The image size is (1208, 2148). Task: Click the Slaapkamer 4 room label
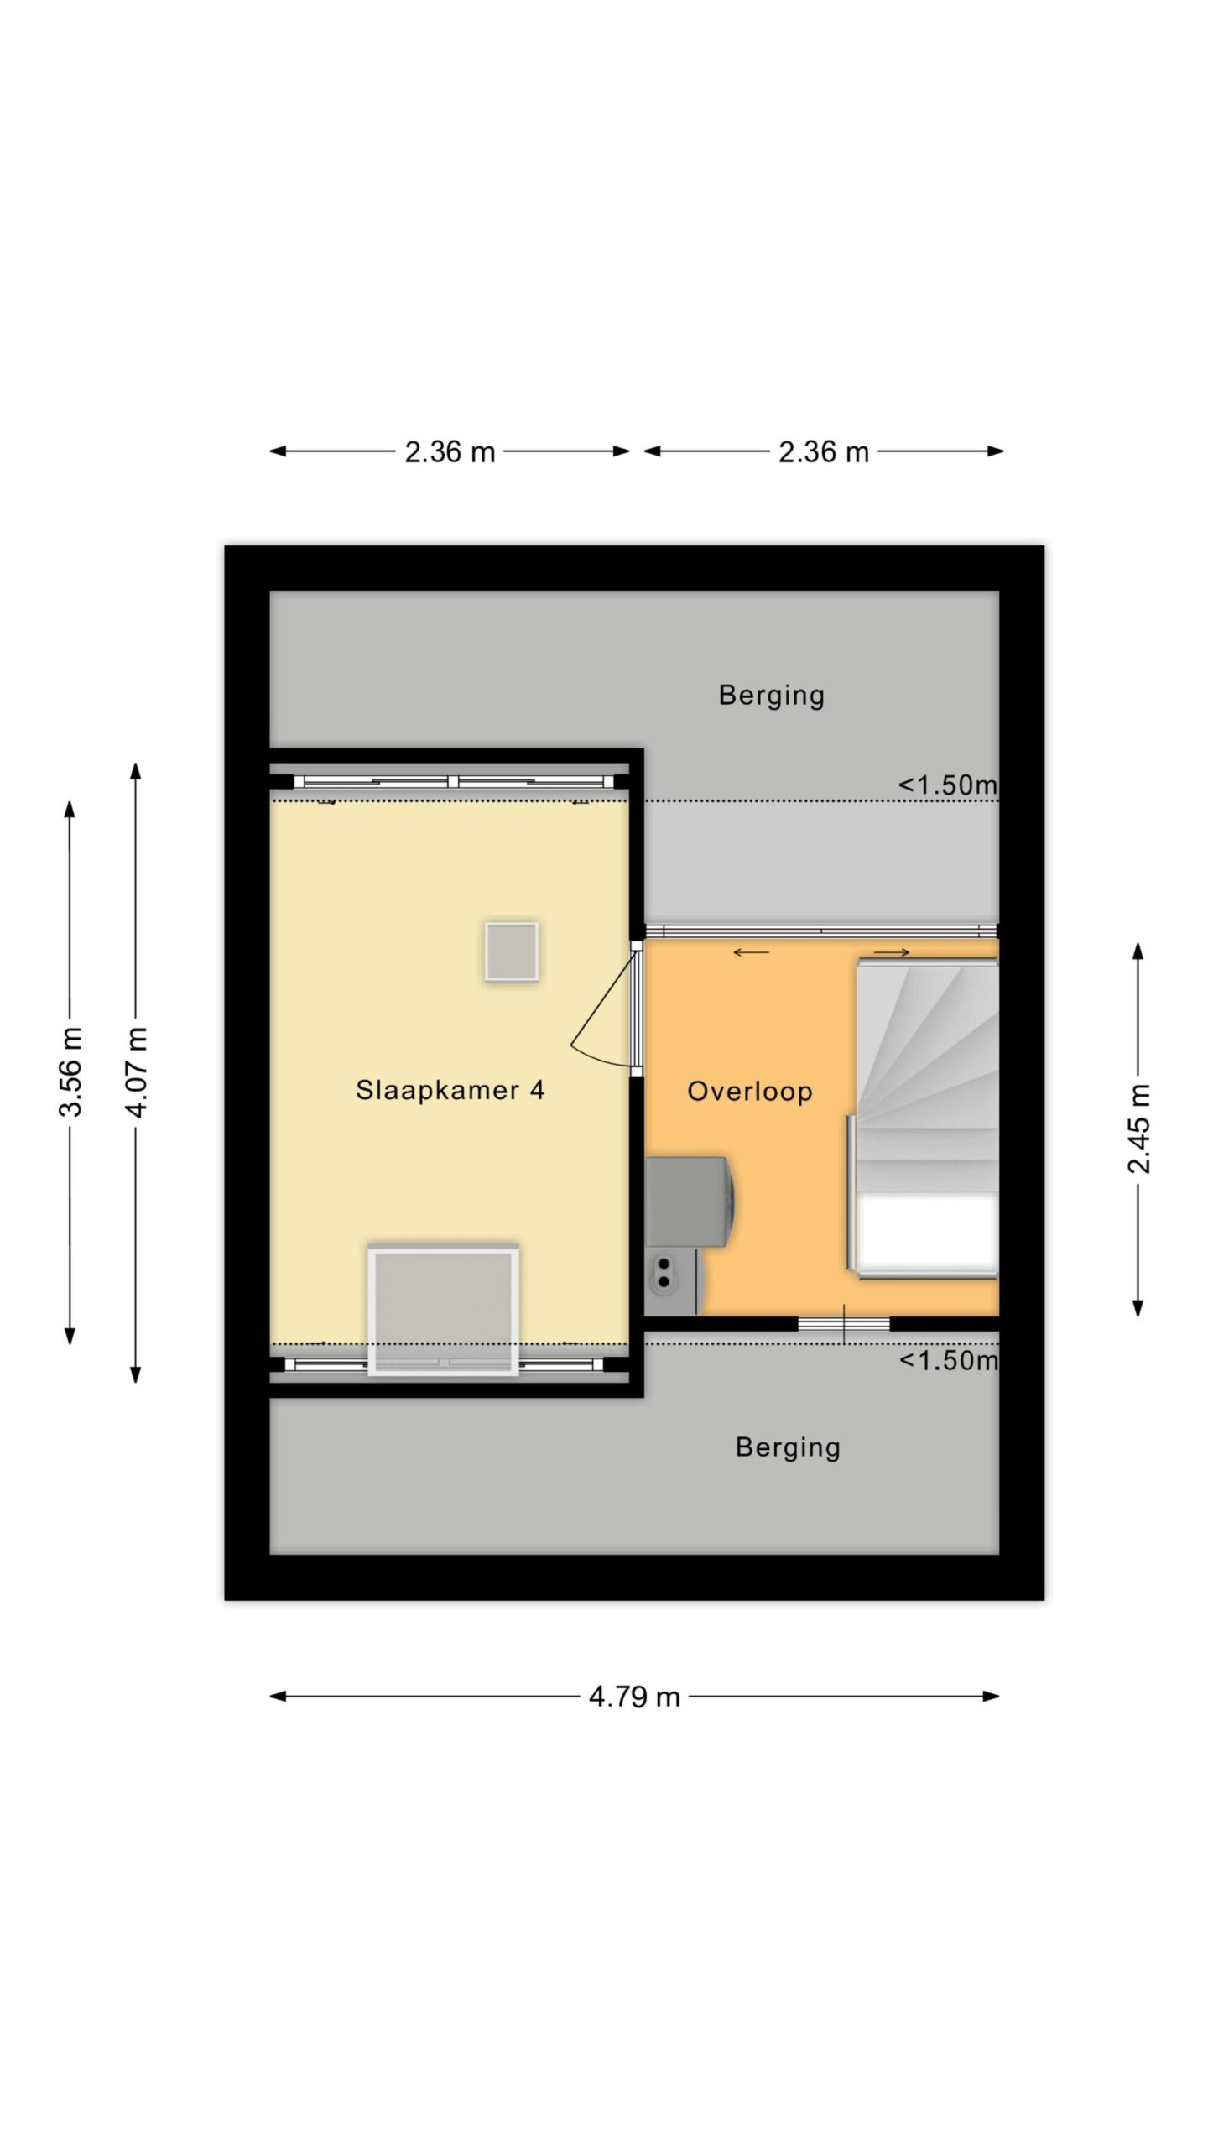pos(450,1090)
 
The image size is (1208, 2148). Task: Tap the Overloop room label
pos(749,1092)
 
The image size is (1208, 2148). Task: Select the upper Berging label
pos(771,695)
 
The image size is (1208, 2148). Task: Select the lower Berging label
pos(788,1447)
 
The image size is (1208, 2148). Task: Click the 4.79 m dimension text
pos(634,1697)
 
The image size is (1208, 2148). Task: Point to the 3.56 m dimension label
pos(70,1071)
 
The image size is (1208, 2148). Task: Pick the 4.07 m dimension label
pos(136,1071)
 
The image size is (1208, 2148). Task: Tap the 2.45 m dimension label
pos(1138,1129)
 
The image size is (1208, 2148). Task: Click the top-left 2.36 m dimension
pos(450,452)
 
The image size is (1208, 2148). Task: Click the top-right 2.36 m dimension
pos(823,452)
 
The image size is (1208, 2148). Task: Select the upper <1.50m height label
pos(948,785)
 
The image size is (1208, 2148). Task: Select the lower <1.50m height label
pos(949,1360)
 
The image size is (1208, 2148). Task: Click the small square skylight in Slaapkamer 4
pos(511,951)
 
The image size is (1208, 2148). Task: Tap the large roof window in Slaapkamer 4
pos(443,1310)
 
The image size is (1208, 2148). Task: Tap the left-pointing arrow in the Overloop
pos(751,952)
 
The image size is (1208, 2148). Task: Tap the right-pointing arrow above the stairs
pos(892,952)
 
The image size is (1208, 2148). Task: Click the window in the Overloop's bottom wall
pos(843,1324)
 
